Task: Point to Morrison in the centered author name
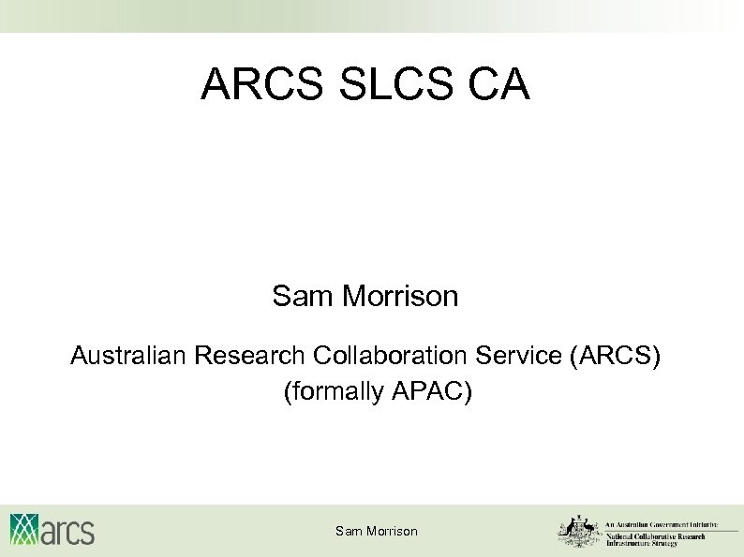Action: pyautogui.click(x=400, y=297)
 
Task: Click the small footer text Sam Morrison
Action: pyautogui.click(x=377, y=532)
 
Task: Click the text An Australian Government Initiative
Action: pyautogui.click(x=662, y=525)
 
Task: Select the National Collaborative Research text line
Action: pyautogui.click(x=662, y=535)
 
